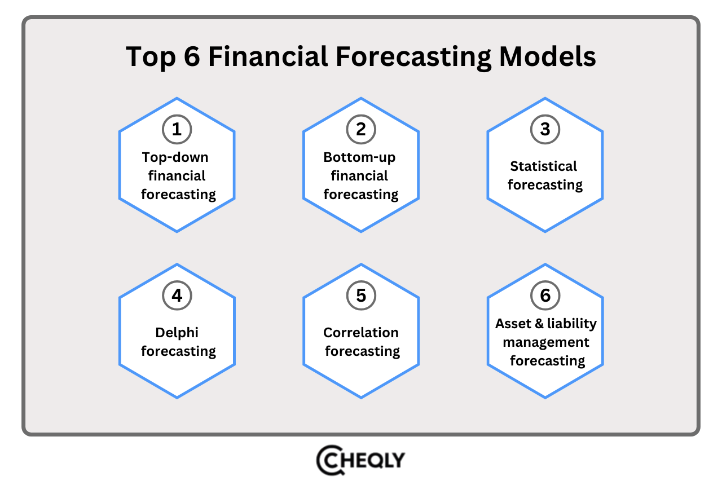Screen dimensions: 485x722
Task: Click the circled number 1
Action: click(x=177, y=129)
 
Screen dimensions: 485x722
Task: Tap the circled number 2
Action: click(x=361, y=129)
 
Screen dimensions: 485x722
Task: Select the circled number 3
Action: click(x=545, y=129)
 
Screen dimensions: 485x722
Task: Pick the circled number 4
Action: click(x=177, y=296)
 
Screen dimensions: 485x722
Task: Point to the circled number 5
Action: click(x=361, y=296)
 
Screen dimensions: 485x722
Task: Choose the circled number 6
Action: click(x=545, y=296)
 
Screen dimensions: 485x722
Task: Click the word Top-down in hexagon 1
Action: click(x=175, y=157)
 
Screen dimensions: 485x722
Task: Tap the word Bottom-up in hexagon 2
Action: click(x=359, y=157)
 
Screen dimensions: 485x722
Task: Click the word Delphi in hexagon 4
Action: click(x=177, y=332)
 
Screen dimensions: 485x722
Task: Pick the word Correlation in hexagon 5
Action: click(x=360, y=332)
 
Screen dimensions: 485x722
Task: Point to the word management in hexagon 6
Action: click(x=545, y=342)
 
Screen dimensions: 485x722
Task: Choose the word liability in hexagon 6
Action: click(x=573, y=324)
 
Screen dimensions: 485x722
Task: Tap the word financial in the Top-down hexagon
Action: click(x=177, y=176)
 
